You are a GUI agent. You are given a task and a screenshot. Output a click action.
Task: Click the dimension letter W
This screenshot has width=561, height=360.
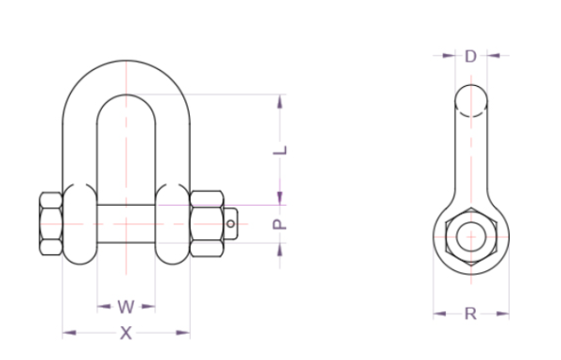[x=126, y=307]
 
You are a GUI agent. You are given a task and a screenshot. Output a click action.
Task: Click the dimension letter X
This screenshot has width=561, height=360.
[x=126, y=333]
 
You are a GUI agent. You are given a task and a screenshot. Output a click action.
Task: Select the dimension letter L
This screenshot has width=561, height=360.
[x=280, y=150]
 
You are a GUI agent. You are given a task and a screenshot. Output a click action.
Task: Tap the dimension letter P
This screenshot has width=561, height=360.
[x=280, y=224]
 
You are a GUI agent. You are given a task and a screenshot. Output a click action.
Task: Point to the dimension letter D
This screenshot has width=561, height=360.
[x=471, y=56]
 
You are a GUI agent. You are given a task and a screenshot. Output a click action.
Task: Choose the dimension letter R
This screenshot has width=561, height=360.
[x=471, y=314]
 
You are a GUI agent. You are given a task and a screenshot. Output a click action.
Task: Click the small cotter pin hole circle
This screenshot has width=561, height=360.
[x=231, y=224]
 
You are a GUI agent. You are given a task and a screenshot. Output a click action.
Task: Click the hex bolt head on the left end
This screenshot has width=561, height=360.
[x=50, y=224]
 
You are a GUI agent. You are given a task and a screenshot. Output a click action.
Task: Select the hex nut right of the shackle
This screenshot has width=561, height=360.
[x=207, y=224]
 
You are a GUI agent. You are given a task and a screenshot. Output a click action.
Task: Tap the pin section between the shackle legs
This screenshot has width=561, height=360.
[x=126, y=224]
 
